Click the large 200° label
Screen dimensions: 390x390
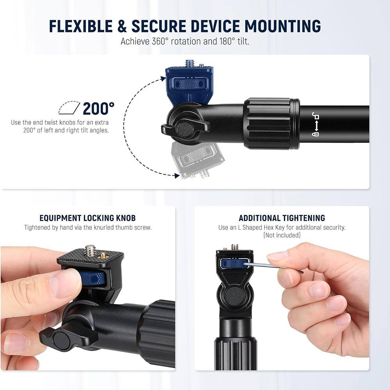click(98, 108)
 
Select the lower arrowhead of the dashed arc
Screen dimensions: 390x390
click(176, 176)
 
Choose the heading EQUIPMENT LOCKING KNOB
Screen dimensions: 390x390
click(87, 218)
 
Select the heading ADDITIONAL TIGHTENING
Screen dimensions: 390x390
click(282, 218)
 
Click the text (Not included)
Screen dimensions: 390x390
click(282, 235)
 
